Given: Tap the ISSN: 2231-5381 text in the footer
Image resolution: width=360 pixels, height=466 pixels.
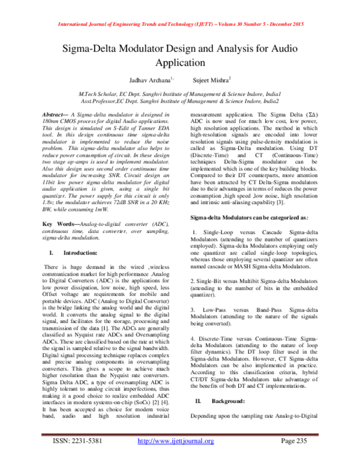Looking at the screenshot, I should (74, 458).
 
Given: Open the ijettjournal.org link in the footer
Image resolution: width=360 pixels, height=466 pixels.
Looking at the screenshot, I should (176, 458).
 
